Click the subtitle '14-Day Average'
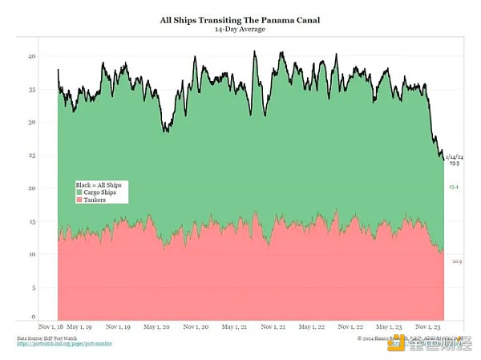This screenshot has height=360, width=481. (240, 29)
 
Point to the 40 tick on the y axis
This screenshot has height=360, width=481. (31, 57)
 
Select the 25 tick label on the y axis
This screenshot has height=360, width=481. (31, 156)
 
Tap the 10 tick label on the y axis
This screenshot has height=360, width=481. (31, 254)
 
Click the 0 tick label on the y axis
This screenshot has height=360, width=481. (33, 316)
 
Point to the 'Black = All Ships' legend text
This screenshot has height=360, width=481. (99, 185)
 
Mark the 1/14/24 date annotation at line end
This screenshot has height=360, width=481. (454, 156)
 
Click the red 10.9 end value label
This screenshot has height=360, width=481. (457, 261)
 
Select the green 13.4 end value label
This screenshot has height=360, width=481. (454, 187)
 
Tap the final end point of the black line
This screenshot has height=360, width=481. (443, 158)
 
